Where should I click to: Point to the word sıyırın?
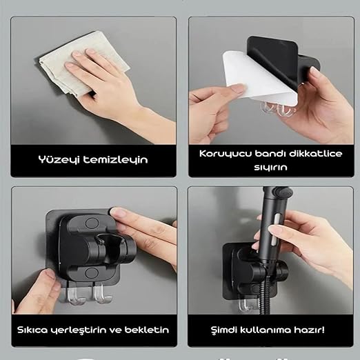(x=270, y=167)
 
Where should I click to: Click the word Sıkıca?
(x=32, y=330)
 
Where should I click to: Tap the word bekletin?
(x=147, y=330)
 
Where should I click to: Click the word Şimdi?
(x=223, y=330)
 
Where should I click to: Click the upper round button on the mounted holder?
(x=92, y=223)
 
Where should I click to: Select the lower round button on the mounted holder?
(x=92, y=273)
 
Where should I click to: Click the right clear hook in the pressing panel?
(x=102, y=294)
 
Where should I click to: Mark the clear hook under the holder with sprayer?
(x=243, y=305)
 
